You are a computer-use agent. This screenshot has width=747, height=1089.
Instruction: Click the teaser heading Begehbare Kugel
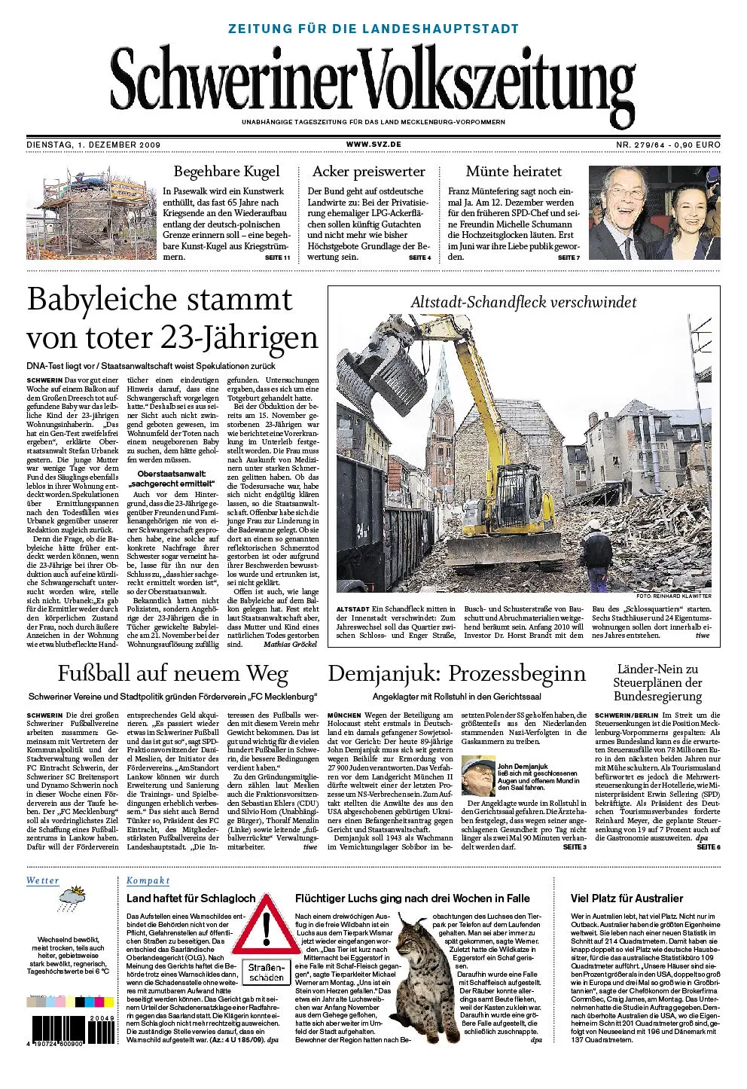coord(227,172)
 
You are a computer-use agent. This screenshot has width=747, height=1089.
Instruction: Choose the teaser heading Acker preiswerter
coord(369,172)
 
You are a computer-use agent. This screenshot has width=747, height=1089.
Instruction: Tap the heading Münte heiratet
coord(514,172)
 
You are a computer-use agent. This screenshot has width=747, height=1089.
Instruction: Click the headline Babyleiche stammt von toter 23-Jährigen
coord(172,319)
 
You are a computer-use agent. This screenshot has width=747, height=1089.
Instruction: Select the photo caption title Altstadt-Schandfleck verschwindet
coord(523,303)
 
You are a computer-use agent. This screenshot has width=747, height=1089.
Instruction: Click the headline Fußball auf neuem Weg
coord(173,673)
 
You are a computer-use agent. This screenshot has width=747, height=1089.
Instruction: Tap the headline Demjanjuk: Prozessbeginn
coord(457,673)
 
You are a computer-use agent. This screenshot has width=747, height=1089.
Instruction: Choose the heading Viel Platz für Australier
coord(627,898)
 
